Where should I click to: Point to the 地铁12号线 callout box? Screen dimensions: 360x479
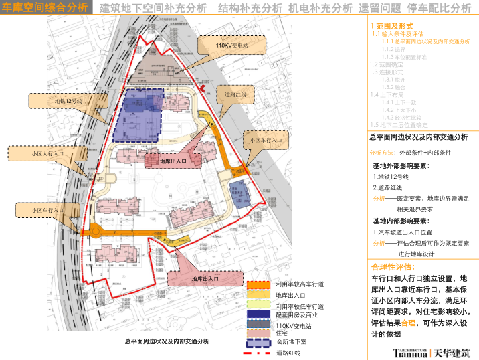[68, 100]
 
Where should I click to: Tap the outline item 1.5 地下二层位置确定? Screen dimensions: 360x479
[399, 124]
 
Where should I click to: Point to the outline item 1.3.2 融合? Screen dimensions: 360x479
[391, 87]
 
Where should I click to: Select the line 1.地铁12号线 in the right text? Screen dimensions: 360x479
[391, 177]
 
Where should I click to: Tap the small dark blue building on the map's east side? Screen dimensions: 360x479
[239, 192]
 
